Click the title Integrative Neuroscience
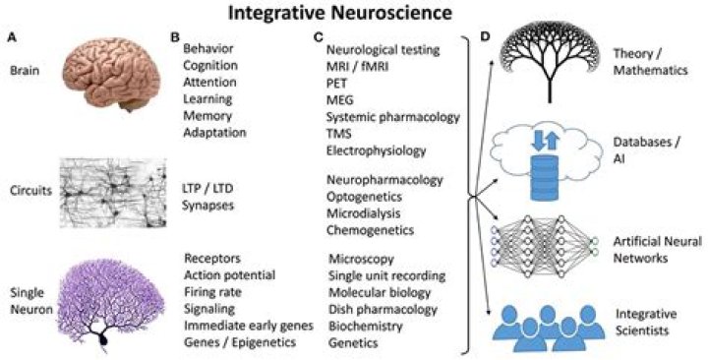click(355, 15)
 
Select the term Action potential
click(230, 273)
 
